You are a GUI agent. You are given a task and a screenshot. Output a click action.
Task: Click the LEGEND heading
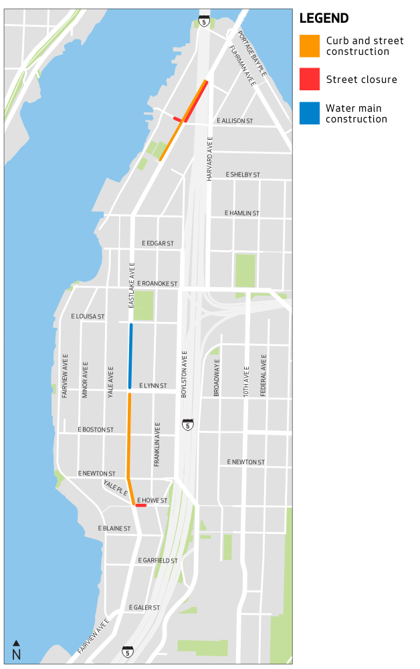pos(324,18)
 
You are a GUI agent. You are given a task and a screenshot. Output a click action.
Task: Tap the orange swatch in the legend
pos(310,46)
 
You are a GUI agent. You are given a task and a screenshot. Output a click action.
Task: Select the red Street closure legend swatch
pos(310,80)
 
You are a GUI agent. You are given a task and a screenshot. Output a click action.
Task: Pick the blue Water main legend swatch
pos(310,113)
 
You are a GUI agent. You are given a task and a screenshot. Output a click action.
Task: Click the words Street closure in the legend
pos(361,80)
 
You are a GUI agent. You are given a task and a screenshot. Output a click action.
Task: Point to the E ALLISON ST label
pos(234,121)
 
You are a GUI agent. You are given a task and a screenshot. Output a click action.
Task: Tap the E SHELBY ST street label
pos(242,175)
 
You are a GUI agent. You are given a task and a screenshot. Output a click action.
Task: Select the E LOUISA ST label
pos(88,316)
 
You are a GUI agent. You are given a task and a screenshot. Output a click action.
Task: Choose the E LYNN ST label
pos(153,386)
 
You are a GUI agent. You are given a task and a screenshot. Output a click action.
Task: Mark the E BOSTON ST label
pos(96,429)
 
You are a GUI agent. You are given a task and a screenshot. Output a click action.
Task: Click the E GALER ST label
pos(144,607)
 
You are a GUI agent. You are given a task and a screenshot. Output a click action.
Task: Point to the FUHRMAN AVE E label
pos(242,66)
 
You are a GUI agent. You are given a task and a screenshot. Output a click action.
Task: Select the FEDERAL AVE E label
pos(264,375)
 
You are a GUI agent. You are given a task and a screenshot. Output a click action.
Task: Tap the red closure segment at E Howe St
pos(140,506)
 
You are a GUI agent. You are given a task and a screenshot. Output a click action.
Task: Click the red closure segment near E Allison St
pos(179,120)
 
